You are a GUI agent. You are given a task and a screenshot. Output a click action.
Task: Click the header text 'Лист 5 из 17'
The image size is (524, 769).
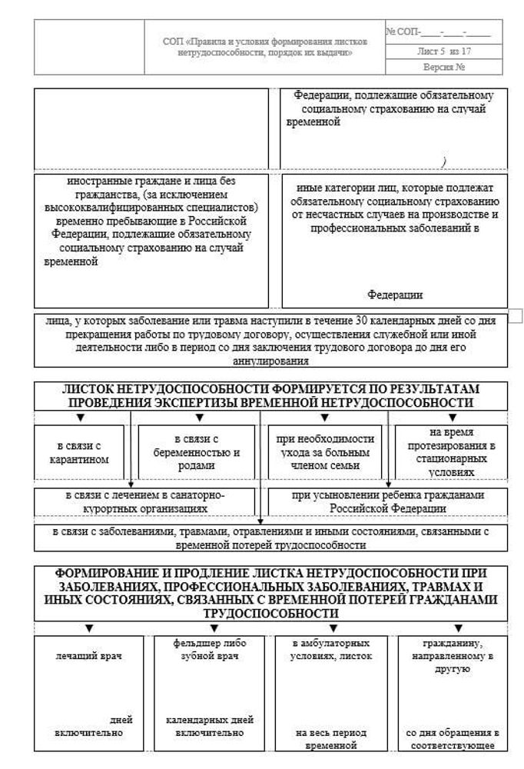click(x=444, y=52)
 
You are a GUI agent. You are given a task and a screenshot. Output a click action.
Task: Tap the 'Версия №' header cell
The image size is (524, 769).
click(x=444, y=67)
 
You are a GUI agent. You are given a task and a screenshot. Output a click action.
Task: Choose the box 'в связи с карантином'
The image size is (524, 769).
click(x=78, y=453)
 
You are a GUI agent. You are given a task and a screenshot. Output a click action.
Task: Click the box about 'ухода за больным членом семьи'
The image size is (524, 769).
click(x=326, y=453)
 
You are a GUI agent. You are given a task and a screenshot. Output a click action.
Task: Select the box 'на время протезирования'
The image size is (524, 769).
click(x=451, y=453)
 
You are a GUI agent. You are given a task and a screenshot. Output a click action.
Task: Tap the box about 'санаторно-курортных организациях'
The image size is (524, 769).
click(x=145, y=501)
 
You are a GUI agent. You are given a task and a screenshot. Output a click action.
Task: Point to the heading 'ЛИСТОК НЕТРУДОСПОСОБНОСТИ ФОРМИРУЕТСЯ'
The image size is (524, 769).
click(x=270, y=395)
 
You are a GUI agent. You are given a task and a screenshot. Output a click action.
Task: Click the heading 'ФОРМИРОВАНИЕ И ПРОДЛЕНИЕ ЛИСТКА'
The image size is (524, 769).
click(x=270, y=593)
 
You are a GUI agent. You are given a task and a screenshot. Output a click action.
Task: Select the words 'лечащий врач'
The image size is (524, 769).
click(x=89, y=656)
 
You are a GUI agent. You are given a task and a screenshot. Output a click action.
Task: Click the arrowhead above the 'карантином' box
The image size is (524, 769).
click(x=79, y=418)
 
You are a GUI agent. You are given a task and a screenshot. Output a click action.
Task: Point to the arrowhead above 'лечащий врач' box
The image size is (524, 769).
click(x=89, y=629)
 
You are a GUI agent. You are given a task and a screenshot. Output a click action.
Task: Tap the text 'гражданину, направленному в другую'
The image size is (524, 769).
click(x=452, y=656)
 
